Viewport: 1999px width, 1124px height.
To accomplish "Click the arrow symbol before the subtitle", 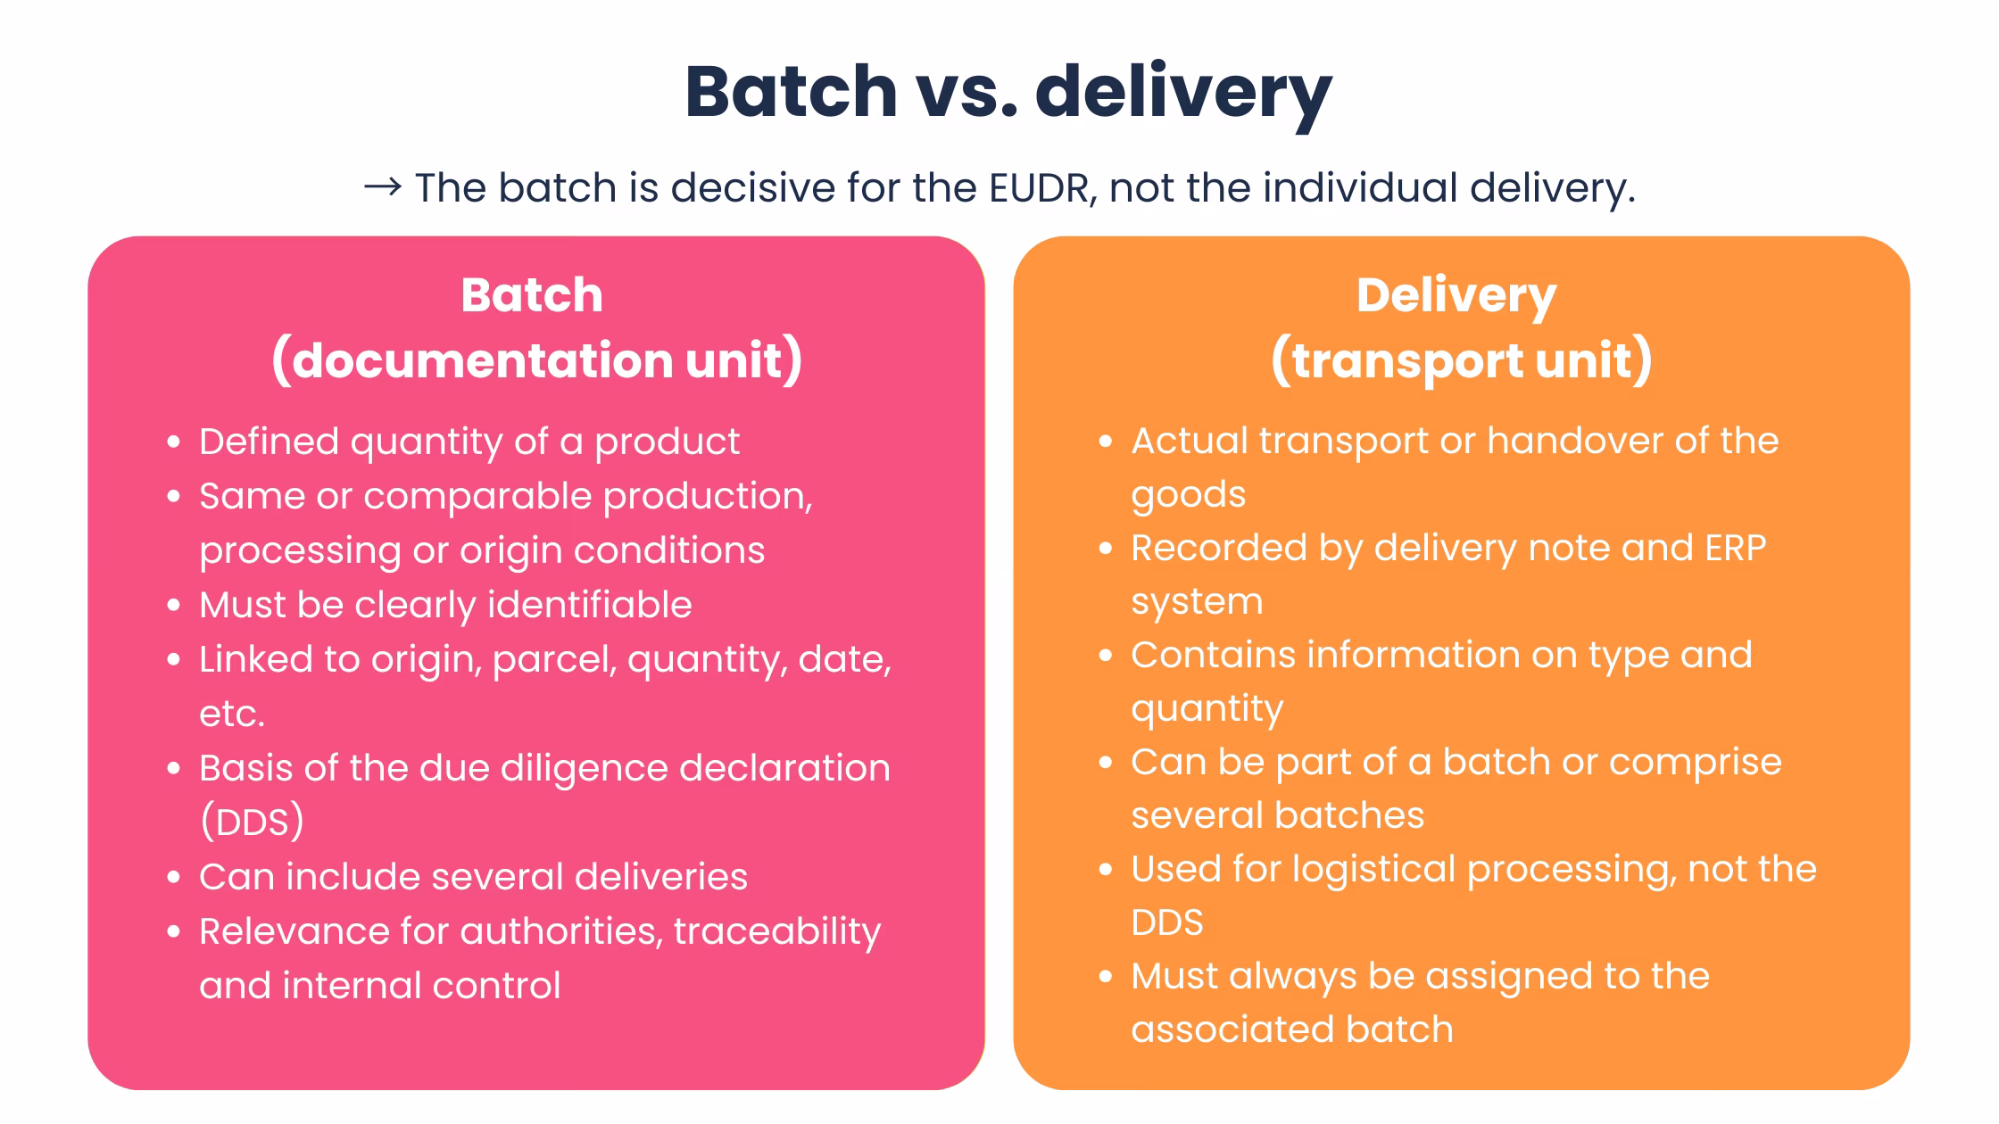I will [x=382, y=187].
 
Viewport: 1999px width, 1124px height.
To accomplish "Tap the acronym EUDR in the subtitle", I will [x=1041, y=187].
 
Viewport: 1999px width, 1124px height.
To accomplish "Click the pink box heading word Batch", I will [x=532, y=295].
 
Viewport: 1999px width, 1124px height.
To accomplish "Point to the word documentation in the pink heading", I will [x=482, y=360].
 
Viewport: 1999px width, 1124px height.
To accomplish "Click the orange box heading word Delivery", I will [x=1456, y=295].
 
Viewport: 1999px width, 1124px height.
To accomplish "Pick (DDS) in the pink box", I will [x=252, y=822].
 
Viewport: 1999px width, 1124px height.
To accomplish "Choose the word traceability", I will [x=777, y=932].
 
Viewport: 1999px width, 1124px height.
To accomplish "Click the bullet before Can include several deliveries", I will [x=174, y=878].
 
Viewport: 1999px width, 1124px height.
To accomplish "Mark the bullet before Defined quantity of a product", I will [x=174, y=442].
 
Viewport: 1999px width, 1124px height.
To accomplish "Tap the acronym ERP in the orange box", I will [x=1735, y=548].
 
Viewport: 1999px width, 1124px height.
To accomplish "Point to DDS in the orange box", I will [x=1166, y=922].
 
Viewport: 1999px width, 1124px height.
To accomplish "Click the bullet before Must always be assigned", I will [x=1106, y=977].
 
